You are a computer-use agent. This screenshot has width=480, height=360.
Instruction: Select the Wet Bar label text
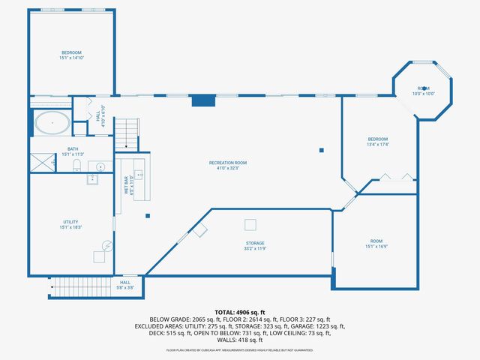[x=127, y=184]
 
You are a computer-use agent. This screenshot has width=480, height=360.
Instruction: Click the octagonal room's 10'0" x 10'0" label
[x=424, y=91]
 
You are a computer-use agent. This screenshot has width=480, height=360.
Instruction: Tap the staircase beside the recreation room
[x=127, y=133]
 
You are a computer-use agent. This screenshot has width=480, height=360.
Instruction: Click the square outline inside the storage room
[x=250, y=224]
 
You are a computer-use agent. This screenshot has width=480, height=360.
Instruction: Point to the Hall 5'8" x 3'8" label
[x=125, y=285]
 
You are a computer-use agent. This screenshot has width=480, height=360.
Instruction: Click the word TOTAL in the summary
[x=226, y=311]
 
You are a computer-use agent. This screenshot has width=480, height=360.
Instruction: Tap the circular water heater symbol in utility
[x=107, y=244]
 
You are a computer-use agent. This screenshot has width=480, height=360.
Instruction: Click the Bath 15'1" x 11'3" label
[x=73, y=151]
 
